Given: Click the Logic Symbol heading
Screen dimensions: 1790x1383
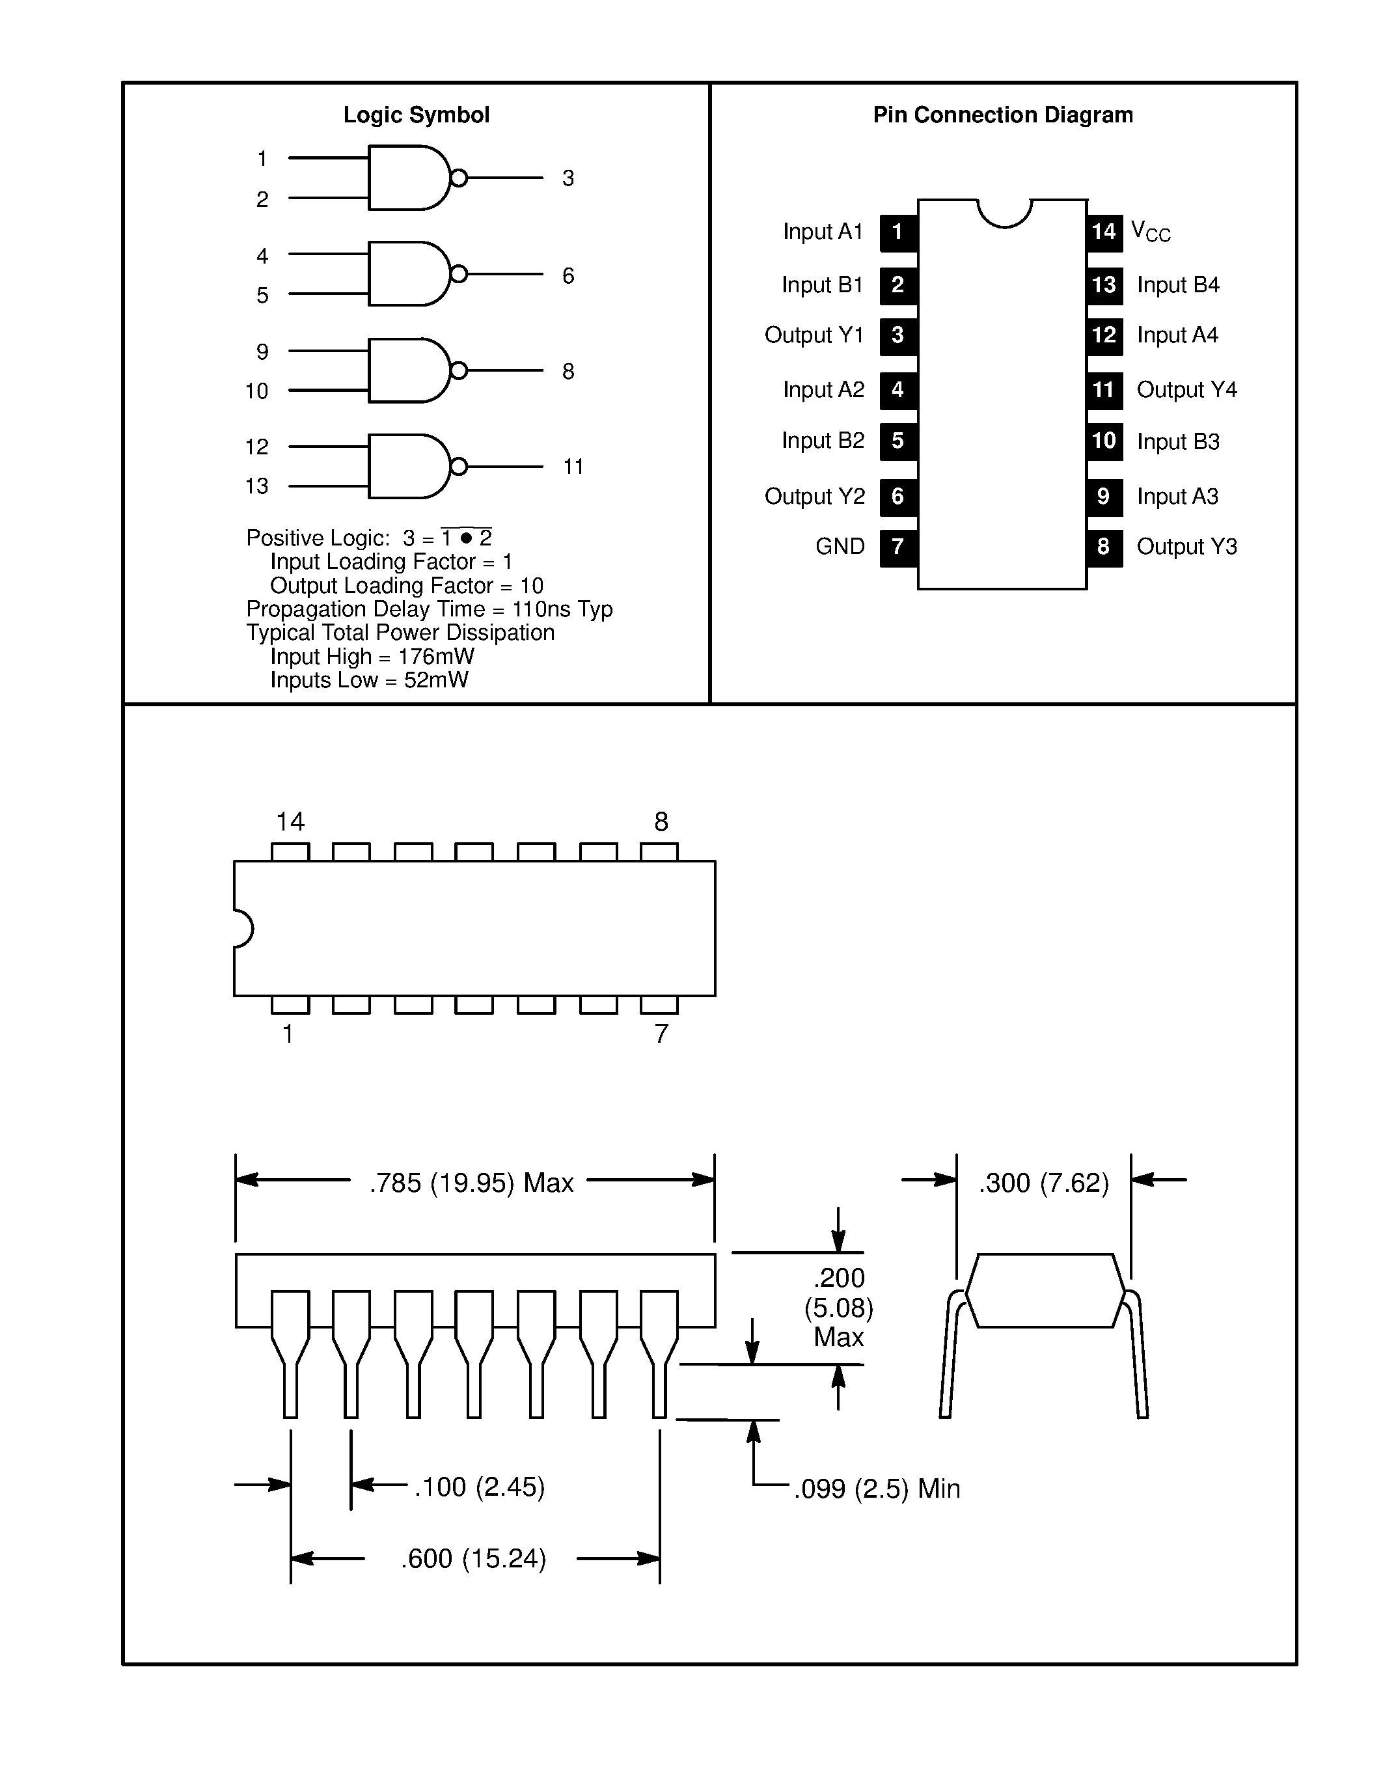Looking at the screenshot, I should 417,115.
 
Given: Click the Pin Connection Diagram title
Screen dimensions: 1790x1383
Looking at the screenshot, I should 1002,115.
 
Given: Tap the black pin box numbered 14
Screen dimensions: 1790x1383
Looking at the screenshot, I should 1104,232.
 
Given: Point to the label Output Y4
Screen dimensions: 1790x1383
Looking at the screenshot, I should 1186,389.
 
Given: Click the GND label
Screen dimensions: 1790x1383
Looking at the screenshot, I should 840,547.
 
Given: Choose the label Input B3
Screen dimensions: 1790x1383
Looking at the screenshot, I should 1177,442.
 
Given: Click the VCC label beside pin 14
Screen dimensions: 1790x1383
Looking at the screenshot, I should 1149,232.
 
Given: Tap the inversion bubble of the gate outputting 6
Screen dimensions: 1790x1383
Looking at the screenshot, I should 459,274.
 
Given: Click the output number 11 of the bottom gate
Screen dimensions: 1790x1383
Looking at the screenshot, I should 573,467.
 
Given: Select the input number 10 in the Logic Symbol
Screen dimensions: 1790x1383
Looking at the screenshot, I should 256,391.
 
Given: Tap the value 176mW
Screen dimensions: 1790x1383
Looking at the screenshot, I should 436,657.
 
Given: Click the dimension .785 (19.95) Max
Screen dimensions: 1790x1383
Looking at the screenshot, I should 471,1183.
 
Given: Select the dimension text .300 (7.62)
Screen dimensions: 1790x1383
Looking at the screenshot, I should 1043,1183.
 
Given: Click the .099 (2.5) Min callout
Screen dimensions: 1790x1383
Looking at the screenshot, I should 876,1489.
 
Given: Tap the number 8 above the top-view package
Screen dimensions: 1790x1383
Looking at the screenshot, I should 661,821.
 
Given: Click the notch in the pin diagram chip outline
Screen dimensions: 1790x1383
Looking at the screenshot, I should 1004,213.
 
